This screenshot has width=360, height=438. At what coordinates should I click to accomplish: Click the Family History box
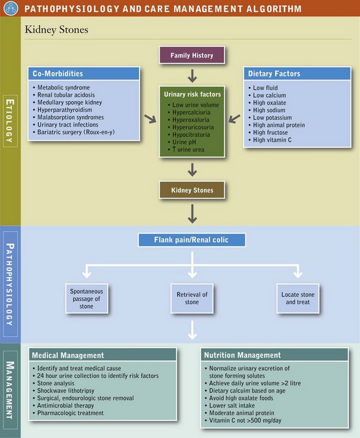pyautogui.click(x=192, y=56)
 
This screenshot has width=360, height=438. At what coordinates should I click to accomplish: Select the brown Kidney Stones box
pyautogui.click(x=192, y=190)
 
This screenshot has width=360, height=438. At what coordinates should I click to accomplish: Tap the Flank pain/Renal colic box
pyautogui.click(x=192, y=240)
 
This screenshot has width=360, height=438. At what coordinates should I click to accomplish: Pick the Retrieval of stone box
pyautogui.click(x=192, y=298)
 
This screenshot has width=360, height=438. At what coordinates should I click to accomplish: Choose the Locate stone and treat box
pyautogui.click(x=297, y=298)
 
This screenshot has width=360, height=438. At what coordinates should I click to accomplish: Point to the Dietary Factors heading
pyautogui.click(x=274, y=74)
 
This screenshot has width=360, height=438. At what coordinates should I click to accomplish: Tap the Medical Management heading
pyautogui.click(x=68, y=355)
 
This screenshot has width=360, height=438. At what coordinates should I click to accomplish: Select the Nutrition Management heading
pyautogui.click(x=242, y=355)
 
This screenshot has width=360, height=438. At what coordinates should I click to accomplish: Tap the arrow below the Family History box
pyautogui.click(x=192, y=77)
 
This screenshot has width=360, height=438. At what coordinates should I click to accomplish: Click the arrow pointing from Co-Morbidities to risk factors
pyautogui.click(x=150, y=119)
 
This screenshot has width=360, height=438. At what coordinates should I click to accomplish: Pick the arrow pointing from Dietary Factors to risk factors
pyautogui.click(x=234, y=119)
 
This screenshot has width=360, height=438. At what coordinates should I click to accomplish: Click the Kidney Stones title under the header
pyautogui.click(x=56, y=29)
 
